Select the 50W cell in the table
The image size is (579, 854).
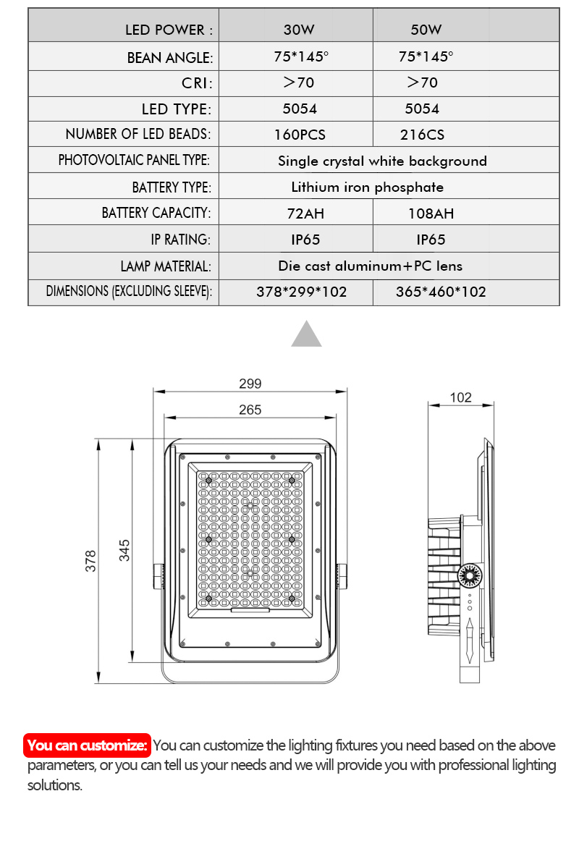(x=426, y=30)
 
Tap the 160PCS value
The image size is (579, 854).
(x=300, y=135)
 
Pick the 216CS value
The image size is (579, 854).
(x=423, y=135)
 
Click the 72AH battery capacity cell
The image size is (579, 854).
(x=300, y=213)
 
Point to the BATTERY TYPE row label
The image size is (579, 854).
(x=172, y=187)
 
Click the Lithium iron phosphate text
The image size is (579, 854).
(x=368, y=187)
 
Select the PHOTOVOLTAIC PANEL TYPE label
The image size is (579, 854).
(x=134, y=160)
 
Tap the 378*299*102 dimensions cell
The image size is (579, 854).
(x=302, y=292)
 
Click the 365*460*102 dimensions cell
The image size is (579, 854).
(x=441, y=292)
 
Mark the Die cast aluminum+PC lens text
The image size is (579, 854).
(x=371, y=266)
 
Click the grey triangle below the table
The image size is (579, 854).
(x=306, y=334)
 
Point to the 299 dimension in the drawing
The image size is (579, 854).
(x=250, y=384)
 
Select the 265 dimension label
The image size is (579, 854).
(x=250, y=410)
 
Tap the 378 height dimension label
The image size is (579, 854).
(x=91, y=561)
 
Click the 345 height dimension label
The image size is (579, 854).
(x=124, y=550)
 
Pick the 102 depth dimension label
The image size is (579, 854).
(x=460, y=397)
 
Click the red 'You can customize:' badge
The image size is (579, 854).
(x=88, y=745)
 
